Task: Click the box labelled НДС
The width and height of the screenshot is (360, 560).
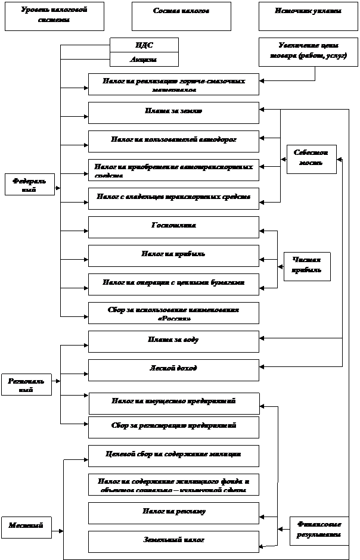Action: point(144,45)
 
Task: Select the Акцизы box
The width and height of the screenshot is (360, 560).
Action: point(144,60)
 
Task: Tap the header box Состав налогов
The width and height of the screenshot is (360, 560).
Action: point(181,16)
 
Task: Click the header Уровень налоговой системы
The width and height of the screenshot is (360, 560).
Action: point(54,16)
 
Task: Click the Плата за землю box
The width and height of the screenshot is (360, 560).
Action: point(173,113)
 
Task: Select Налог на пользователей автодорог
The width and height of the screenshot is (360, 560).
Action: point(173,141)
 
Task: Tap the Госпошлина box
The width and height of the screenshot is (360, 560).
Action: point(173,227)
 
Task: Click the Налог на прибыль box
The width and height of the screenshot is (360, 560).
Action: point(173,256)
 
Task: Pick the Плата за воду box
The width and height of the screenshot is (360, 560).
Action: point(173,341)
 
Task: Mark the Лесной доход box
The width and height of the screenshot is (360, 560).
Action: point(173,370)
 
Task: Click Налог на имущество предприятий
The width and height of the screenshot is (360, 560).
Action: point(174,403)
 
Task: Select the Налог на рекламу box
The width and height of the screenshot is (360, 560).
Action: point(173,513)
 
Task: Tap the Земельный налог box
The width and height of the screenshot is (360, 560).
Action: point(173,542)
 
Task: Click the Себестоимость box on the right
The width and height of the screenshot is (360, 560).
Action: point(311,159)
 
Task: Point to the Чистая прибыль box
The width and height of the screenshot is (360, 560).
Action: point(307,266)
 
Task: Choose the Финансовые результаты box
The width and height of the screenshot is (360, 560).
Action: point(319,530)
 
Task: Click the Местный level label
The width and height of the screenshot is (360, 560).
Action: point(26,527)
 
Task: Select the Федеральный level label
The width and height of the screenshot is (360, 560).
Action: point(30,185)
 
